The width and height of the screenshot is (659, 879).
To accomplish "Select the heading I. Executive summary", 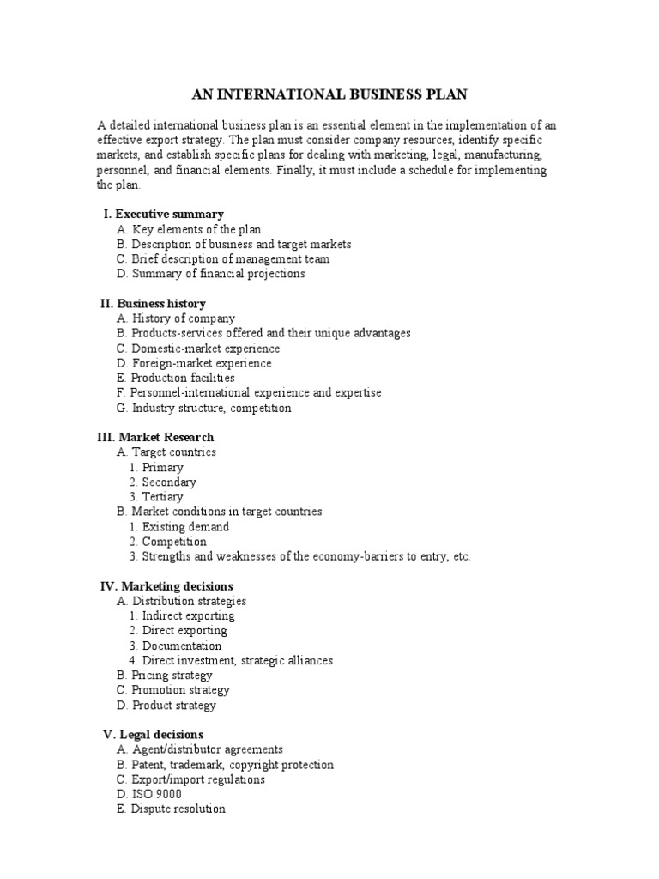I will tap(163, 214).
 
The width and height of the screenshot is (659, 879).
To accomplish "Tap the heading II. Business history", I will tap(153, 303).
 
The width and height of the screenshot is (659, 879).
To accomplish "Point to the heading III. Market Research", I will tap(155, 437).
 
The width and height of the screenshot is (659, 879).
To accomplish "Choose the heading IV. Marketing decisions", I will tap(163, 586).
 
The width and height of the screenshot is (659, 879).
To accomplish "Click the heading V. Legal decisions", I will tap(153, 735).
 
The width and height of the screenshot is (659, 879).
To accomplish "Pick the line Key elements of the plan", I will tap(188, 229).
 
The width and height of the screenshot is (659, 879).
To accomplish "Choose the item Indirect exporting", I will tap(182, 615).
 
